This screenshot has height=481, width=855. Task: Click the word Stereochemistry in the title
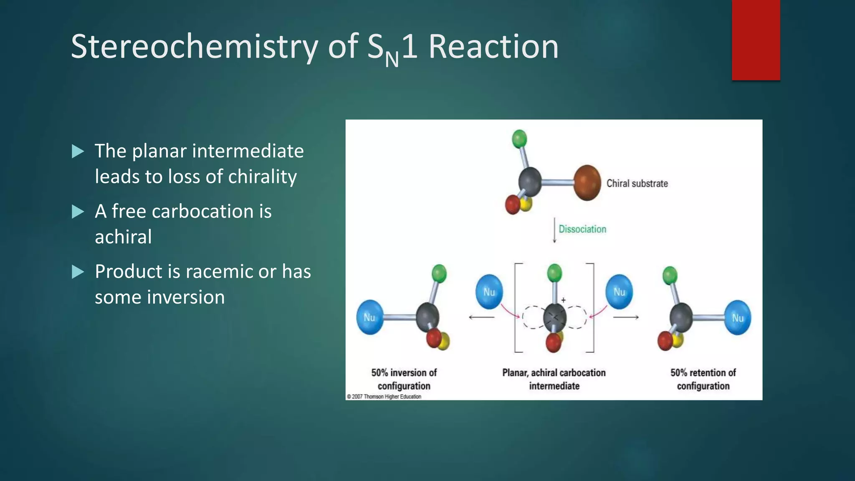(195, 47)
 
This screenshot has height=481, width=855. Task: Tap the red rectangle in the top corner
(756, 40)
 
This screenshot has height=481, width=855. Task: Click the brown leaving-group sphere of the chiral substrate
(587, 183)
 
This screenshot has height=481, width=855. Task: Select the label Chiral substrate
(637, 184)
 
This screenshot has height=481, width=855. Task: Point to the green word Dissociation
(582, 229)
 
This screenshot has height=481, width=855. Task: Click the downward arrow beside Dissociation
(554, 230)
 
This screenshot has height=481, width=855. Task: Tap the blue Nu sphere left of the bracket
(489, 292)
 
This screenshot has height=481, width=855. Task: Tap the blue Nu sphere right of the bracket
(619, 292)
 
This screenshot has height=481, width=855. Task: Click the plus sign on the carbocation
(563, 300)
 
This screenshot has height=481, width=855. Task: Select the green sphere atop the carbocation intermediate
(554, 273)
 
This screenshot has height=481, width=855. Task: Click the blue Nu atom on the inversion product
(370, 317)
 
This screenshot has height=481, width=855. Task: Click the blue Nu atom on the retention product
(737, 318)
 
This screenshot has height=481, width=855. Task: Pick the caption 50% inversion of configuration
(404, 379)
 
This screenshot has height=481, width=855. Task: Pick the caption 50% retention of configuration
(703, 379)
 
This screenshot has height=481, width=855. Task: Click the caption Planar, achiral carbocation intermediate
(554, 379)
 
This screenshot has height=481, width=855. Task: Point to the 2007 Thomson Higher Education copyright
(384, 397)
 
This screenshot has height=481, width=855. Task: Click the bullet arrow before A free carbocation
(78, 212)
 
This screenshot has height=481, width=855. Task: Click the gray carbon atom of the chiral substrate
(530, 182)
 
